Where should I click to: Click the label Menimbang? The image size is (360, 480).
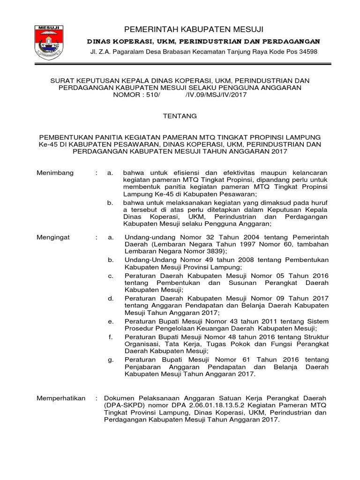(55, 173)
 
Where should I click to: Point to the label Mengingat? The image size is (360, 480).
(53, 238)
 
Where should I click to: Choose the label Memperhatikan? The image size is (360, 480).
(61, 398)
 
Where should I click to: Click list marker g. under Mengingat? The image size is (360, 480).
(111, 360)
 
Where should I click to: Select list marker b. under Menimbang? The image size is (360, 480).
(111, 202)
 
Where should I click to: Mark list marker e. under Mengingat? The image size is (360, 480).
(111, 321)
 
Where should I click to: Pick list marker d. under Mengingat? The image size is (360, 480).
(111, 298)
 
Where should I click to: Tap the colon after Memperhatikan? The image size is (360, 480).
(96, 398)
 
